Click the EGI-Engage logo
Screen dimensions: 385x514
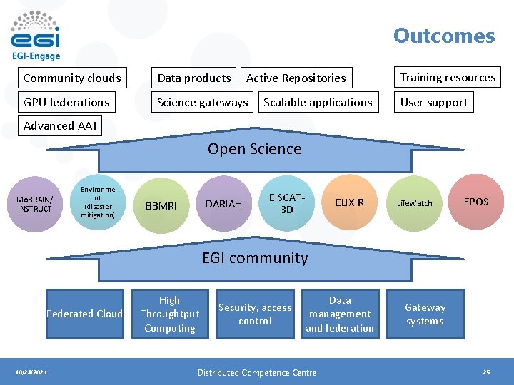(x=36, y=36)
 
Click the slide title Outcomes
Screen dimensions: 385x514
(x=443, y=36)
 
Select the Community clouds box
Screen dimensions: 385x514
(x=72, y=78)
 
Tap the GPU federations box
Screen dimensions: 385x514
(x=66, y=102)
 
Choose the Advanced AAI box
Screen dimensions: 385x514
(x=59, y=126)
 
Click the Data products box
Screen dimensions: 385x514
(x=194, y=78)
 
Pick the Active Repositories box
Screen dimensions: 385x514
(x=296, y=78)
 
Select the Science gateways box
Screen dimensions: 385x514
(x=203, y=102)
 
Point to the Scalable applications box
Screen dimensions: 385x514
(x=318, y=102)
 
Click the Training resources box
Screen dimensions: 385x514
(x=448, y=77)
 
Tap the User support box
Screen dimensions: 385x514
(x=434, y=102)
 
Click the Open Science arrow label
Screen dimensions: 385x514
(x=255, y=149)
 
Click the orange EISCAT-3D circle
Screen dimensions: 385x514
(x=286, y=202)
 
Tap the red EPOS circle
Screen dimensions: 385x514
(x=475, y=202)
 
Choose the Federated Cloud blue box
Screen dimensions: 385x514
(x=84, y=314)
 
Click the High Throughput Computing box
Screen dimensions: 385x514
(x=170, y=314)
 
